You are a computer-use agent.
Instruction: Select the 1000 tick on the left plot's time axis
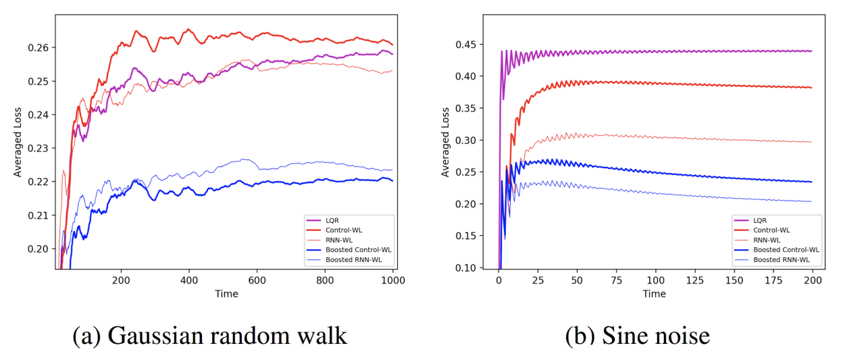(393, 280)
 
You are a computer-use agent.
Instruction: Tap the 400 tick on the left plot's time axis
(188, 280)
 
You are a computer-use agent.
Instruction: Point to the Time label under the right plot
(654, 294)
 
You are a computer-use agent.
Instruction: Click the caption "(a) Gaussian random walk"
(210, 336)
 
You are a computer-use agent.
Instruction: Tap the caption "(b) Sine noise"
(637, 336)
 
